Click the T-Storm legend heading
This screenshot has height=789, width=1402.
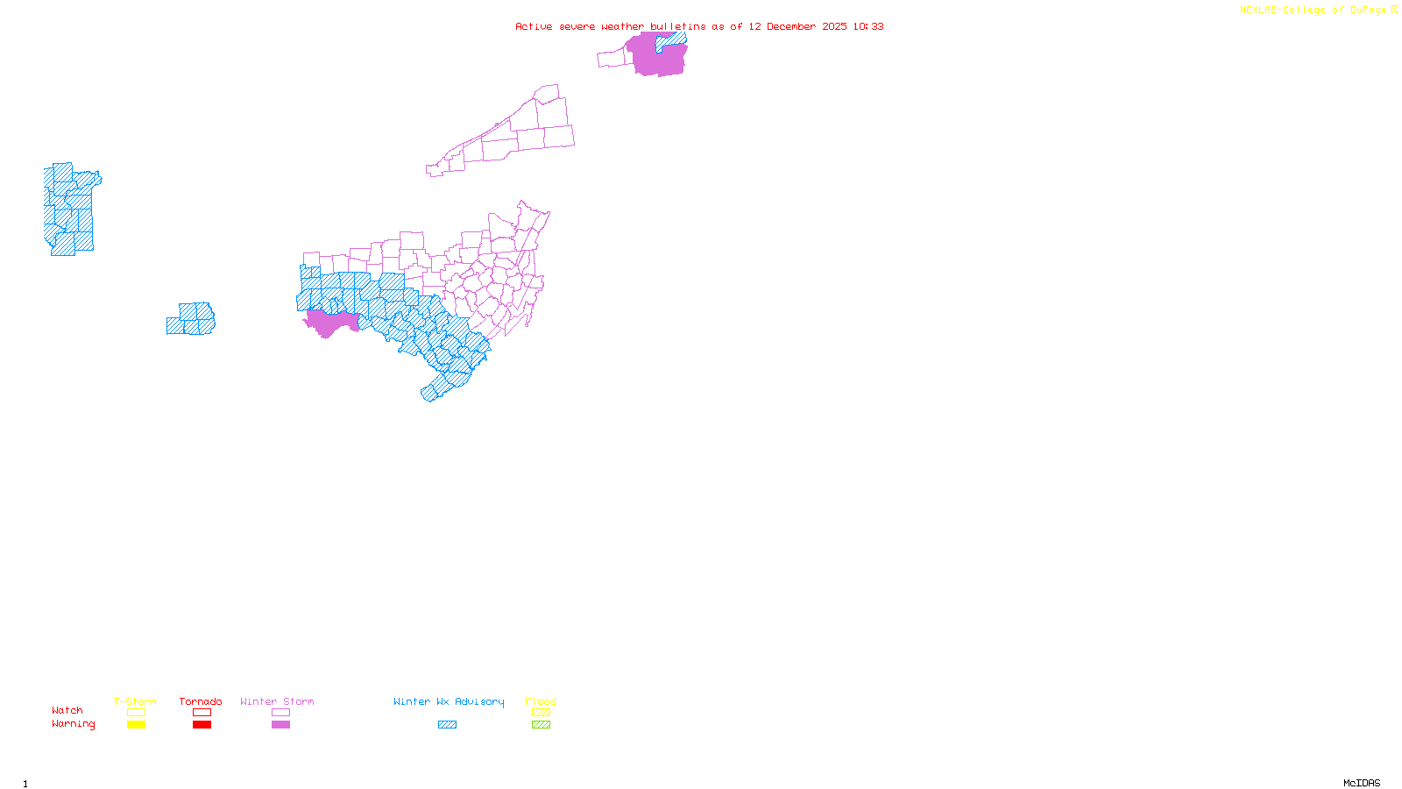[x=135, y=701]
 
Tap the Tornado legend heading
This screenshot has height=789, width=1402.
[x=201, y=701]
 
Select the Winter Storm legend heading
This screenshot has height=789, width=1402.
[x=277, y=701]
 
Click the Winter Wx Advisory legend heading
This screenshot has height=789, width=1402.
[x=449, y=701]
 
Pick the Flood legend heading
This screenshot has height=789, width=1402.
[x=541, y=701]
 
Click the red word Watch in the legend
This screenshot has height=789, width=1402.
[x=67, y=710]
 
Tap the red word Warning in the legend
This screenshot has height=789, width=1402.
[x=74, y=724]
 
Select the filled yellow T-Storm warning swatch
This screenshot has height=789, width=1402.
[x=136, y=725]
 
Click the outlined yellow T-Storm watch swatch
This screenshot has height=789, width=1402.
[x=136, y=713]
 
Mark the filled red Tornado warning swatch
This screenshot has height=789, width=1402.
[x=202, y=725]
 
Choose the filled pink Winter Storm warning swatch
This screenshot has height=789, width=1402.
[x=280, y=725]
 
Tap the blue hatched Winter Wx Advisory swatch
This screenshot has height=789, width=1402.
[x=447, y=725]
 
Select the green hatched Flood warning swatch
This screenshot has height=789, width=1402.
[x=541, y=725]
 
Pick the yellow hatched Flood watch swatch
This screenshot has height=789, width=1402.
[x=541, y=713]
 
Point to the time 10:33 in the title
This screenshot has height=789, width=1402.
[x=868, y=26]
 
